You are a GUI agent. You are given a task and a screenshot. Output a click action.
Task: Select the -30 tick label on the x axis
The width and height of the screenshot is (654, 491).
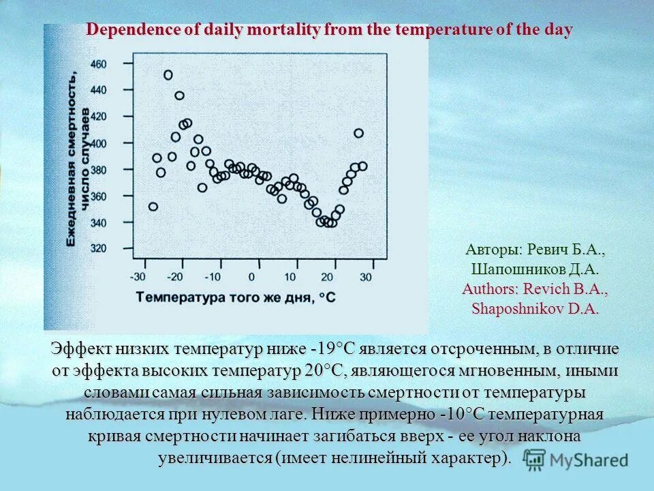tap(138, 277)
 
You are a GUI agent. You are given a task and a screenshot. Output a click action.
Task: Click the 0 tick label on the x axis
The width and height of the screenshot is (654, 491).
tap(251, 277)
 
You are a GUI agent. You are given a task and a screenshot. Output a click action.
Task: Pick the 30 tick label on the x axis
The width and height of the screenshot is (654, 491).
tap(365, 277)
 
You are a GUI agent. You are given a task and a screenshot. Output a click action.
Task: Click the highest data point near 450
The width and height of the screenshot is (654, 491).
tap(168, 75)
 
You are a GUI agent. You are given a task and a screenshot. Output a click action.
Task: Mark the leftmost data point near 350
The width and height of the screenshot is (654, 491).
tap(153, 207)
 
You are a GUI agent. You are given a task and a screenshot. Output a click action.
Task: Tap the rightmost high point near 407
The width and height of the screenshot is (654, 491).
tap(358, 133)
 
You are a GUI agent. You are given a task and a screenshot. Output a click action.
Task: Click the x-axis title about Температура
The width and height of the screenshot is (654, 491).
tap(236, 297)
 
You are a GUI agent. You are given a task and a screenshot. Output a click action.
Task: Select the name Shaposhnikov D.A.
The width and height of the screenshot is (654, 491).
tap(535, 309)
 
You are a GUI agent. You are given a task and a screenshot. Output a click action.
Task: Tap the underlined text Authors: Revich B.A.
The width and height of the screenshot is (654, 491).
tap(535, 289)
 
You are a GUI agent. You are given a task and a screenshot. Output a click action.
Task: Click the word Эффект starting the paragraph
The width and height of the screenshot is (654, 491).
tap(80, 350)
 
